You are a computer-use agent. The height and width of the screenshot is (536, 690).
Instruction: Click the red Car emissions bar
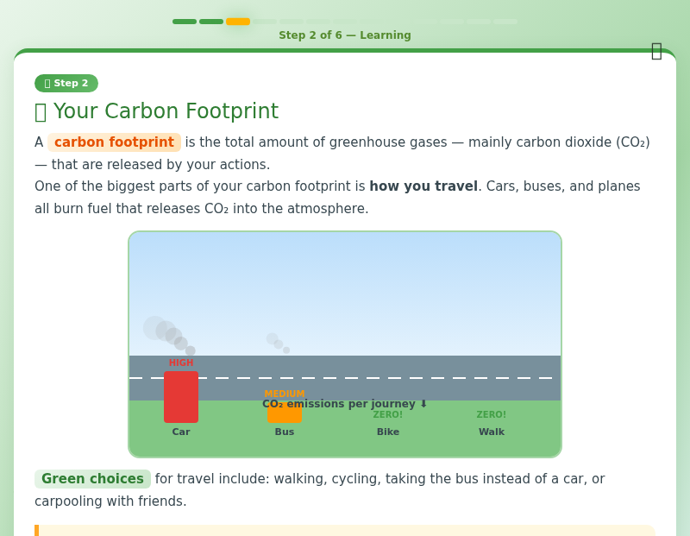coord(181,397)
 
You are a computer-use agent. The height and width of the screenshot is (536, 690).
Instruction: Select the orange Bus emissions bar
coord(285,413)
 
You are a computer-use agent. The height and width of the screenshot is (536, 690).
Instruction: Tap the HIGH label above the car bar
coord(181,363)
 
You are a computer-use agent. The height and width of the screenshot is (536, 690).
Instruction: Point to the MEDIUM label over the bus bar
coord(285,394)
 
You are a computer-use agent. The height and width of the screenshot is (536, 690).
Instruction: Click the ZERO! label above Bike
coord(388,415)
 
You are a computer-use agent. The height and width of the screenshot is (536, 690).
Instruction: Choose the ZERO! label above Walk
coord(492,415)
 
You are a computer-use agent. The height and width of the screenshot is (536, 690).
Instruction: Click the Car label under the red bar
coord(181,432)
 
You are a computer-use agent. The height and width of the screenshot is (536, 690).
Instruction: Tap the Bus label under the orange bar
coord(285,432)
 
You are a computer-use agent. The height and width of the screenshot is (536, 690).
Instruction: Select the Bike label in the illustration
coord(388,432)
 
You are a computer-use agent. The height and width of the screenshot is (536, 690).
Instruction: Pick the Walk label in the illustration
coord(492,432)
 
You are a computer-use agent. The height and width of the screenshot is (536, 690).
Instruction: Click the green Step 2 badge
coord(66,84)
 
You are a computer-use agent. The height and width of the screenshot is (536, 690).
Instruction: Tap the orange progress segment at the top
coord(238,22)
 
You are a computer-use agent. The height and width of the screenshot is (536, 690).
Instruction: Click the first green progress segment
coord(185,22)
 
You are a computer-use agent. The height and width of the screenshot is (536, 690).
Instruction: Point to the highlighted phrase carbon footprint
coord(114,142)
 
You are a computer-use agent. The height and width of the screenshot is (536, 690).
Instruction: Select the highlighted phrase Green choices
coord(92,479)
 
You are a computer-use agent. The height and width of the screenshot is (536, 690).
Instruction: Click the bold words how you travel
coord(423,186)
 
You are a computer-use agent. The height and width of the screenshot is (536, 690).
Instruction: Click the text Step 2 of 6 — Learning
coord(345,36)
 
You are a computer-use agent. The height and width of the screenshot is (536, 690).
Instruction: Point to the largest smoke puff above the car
coord(154,327)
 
